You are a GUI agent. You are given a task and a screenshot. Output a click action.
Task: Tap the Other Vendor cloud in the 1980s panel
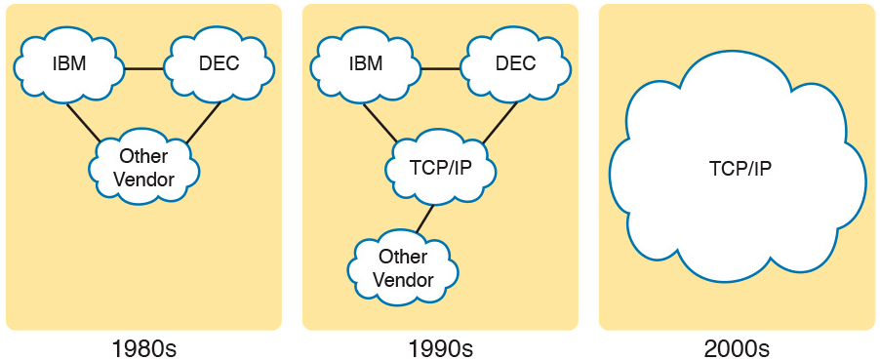(x=144, y=168)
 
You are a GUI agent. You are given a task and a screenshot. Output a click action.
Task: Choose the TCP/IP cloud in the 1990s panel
(x=441, y=168)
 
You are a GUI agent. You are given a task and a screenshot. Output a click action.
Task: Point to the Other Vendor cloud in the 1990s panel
(x=403, y=268)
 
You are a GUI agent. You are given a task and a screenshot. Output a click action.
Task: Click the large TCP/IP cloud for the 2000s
(x=740, y=170)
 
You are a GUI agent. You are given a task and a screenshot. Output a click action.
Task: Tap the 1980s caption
(x=144, y=348)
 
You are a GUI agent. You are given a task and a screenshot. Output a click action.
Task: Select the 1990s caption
(x=441, y=348)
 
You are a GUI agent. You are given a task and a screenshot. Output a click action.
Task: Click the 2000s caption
(x=738, y=348)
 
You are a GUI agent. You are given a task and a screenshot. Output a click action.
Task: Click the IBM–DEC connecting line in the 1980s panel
(x=143, y=69)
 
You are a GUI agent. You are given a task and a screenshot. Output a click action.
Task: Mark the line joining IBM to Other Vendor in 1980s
(x=84, y=121)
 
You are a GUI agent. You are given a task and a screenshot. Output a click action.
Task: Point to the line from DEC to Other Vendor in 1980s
(x=203, y=121)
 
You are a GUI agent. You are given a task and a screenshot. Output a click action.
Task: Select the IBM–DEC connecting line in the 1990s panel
(x=440, y=69)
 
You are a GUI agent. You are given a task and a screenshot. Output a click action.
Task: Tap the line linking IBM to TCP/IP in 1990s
(x=380, y=121)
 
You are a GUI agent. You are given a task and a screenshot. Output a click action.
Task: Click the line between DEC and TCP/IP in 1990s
(x=500, y=121)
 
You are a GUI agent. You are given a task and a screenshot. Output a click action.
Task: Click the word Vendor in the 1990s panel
(x=404, y=279)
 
